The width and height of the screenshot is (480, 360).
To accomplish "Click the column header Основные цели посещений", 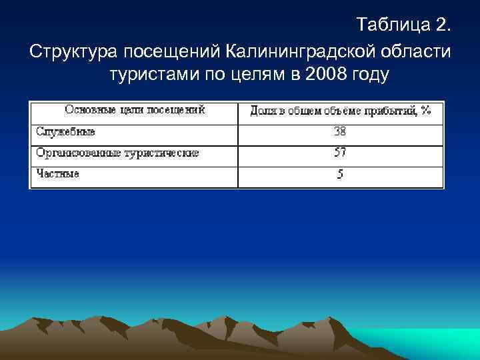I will point(134,110).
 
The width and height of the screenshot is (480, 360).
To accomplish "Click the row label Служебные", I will point(65,132).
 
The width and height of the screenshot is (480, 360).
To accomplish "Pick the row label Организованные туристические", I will point(117,153).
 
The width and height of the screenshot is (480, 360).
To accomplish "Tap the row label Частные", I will point(58,174).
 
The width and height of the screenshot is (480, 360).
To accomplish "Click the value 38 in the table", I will point(340,132).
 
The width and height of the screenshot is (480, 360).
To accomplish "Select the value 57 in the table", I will point(340,153).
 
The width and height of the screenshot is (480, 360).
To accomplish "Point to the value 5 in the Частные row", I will point(340,175).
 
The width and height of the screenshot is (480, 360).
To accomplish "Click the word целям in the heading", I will point(249,75).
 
